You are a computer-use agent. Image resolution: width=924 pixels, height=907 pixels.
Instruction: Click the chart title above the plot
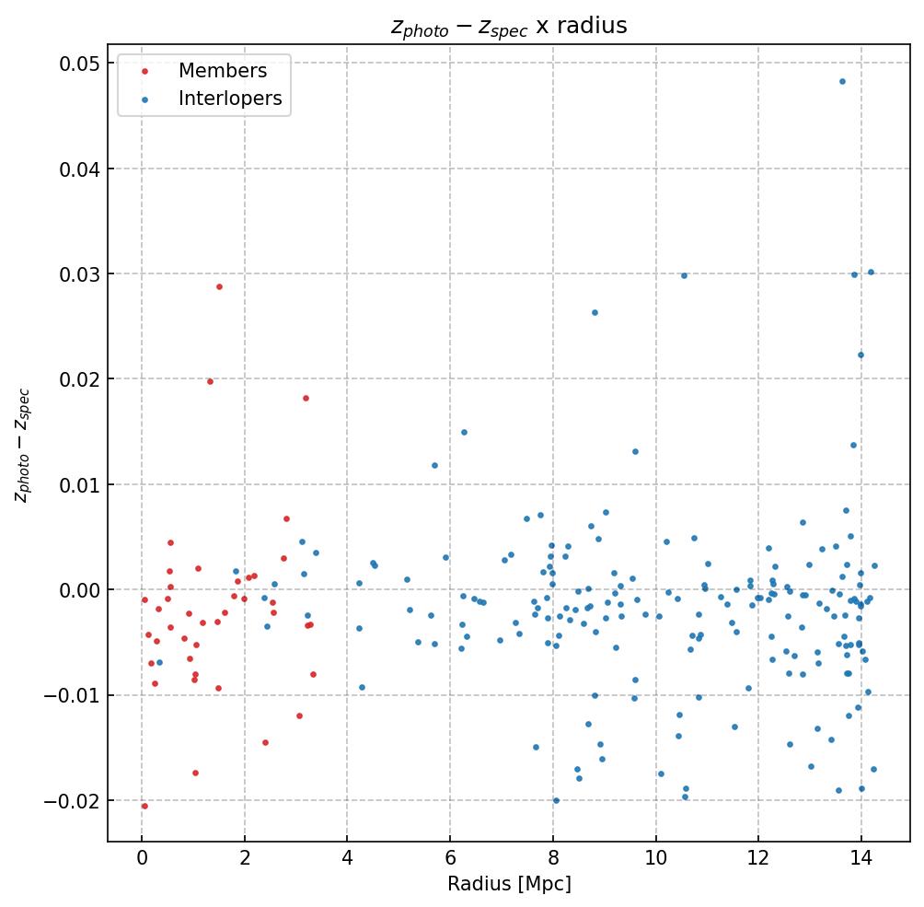509,26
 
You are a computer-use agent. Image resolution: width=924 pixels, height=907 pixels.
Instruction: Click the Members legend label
223,71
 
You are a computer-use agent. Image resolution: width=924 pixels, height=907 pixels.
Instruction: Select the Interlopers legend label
230,99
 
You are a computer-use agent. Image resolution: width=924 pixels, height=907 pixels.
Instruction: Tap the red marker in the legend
144,72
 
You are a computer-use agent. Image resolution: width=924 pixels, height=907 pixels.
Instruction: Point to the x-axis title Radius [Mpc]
509,884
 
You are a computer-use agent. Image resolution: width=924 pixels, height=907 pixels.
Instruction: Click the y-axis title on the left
22,445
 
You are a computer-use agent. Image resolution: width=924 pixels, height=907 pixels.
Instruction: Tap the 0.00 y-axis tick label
77,590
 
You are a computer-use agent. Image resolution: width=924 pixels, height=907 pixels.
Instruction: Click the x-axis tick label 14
860,859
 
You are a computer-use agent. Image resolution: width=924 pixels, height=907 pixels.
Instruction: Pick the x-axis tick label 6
450,859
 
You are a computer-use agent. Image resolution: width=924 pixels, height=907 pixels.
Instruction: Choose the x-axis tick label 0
142,859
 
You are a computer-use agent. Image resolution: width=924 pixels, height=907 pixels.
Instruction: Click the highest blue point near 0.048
842,81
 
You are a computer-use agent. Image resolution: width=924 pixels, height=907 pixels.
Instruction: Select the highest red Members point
219,286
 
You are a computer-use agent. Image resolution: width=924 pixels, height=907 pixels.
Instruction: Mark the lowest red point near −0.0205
144,806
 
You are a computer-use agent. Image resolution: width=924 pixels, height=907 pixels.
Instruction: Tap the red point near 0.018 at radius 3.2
306,398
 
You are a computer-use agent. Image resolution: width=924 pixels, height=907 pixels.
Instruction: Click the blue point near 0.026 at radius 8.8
595,312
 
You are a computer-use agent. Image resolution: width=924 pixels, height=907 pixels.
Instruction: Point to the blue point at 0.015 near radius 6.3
464,432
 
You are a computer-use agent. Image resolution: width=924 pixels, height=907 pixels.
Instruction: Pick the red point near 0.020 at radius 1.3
210,381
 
